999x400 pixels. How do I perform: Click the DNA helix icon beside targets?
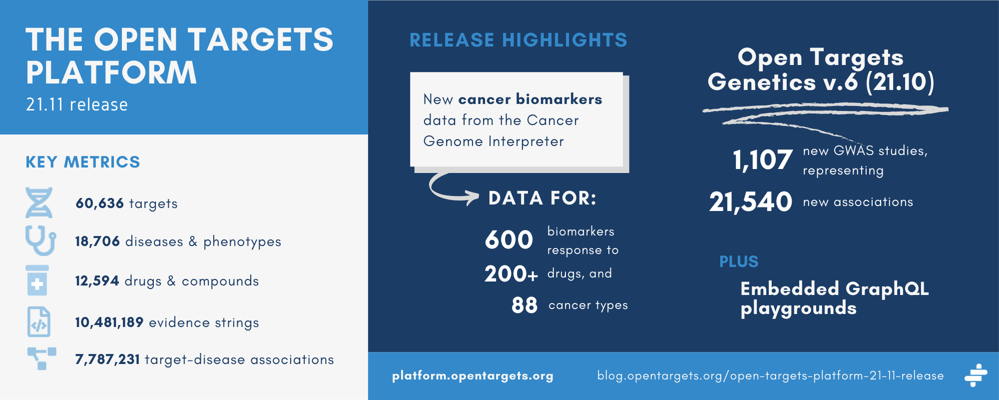pyautogui.click(x=39, y=202)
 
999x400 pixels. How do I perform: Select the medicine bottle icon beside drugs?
pyautogui.click(x=37, y=280)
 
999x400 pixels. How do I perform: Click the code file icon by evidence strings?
pyautogui.click(x=38, y=321)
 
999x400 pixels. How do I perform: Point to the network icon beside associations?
pyautogui.click(x=41, y=358)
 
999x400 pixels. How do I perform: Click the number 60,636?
pyautogui.click(x=99, y=203)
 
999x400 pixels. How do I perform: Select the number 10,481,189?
pyautogui.click(x=109, y=322)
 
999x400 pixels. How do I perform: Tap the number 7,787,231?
pyautogui.click(x=107, y=359)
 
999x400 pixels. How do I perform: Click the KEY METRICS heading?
pyautogui.click(x=83, y=162)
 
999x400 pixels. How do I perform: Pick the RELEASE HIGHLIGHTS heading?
pyautogui.click(x=518, y=40)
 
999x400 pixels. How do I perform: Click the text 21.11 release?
pyautogui.click(x=77, y=104)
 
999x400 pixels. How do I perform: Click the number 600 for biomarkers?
pyautogui.click(x=509, y=239)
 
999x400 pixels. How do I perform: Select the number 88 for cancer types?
pyautogui.click(x=524, y=305)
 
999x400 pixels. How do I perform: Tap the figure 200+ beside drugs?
pyautogui.click(x=511, y=274)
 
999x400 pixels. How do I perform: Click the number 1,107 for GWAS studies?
pyautogui.click(x=763, y=160)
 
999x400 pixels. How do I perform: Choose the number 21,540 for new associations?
pyautogui.click(x=751, y=202)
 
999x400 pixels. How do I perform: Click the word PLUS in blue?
pyautogui.click(x=739, y=261)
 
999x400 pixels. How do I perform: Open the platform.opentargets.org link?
pyautogui.click(x=473, y=376)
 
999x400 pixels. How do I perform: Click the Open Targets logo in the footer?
pyautogui.click(x=976, y=375)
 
